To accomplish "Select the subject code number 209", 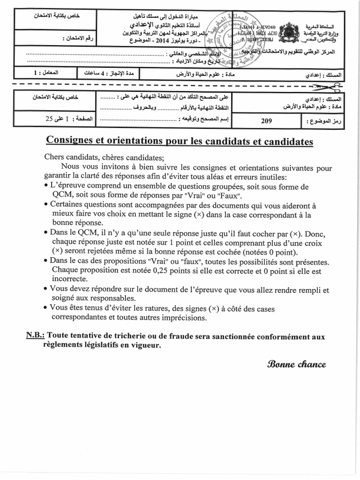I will [x=266, y=121].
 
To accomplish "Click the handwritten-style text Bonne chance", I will [x=296, y=364].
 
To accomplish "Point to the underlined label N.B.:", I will [x=36, y=337].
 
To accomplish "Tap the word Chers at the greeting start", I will [x=54, y=158].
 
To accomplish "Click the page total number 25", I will [x=51, y=119].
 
